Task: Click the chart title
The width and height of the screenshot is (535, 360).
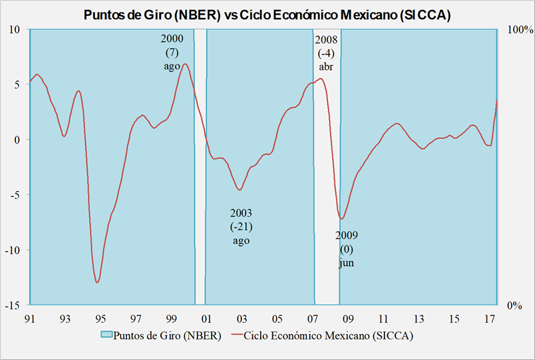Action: tap(267, 15)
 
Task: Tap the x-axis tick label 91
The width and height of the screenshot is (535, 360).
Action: tap(29, 319)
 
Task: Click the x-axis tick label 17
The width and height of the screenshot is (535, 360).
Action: tap(490, 319)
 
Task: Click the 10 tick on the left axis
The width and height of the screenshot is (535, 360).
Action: tap(16, 29)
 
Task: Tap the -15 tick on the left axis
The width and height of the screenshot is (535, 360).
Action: tap(13, 305)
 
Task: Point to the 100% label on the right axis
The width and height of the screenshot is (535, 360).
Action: tap(520, 30)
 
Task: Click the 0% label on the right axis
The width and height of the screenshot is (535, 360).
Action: tap(515, 306)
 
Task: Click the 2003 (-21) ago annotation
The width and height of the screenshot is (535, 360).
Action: tap(241, 226)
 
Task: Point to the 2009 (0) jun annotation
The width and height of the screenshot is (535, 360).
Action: tap(346, 249)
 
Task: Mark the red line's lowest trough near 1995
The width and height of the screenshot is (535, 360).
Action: tap(97, 282)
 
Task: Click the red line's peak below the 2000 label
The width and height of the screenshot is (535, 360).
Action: tap(185, 64)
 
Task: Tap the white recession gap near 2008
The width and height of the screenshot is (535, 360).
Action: tap(327, 200)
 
